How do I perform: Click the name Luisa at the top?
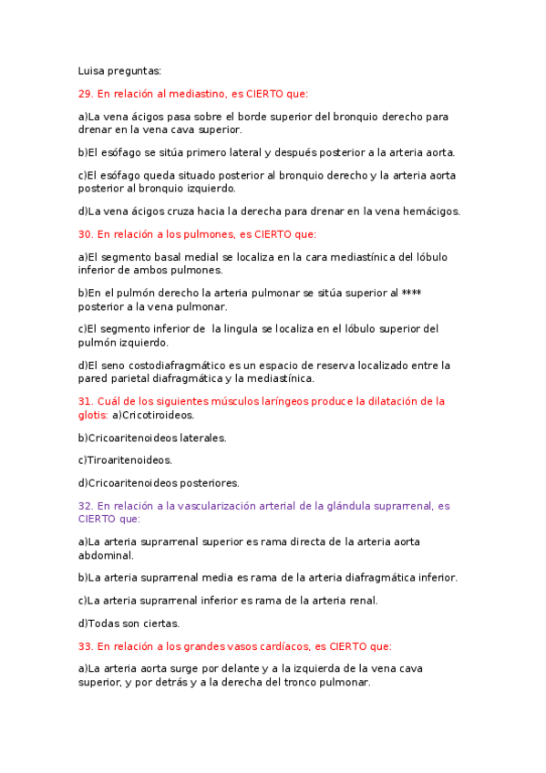pyautogui.click(x=93, y=70)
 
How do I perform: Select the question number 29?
pyautogui.click(x=87, y=93)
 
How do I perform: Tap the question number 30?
pyautogui.click(x=87, y=234)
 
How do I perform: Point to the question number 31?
pyautogui.click(x=87, y=401)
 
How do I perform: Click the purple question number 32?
pyautogui.click(x=87, y=506)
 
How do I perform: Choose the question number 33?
pyautogui.click(x=87, y=646)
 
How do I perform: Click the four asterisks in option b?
pyautogui.click(x=411, y=294)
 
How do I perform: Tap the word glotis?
pyautogui.click(x=93, y=415)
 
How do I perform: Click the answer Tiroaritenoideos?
pyautogui.click(x=129, y=460)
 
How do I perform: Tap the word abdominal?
pyautogui.click(x=106, y=554)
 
